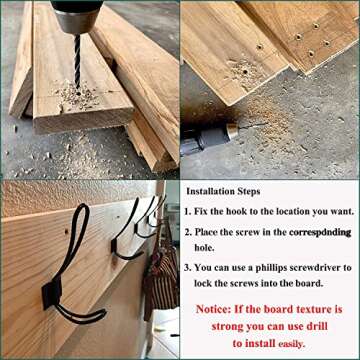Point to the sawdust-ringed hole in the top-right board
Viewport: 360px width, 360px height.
click(245, 71)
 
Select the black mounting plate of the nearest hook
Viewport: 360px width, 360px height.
click(52, 292)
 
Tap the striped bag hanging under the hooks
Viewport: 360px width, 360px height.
click(161, 277)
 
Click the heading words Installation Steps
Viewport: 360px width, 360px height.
click(223, 192)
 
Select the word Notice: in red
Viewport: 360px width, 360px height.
click(213, 309)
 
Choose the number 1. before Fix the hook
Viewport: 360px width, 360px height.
click(188, 212)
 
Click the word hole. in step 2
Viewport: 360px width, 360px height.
click(204, 248)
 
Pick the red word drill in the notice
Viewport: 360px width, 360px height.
click(317, 326)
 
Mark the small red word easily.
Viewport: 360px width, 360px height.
click(291, 344)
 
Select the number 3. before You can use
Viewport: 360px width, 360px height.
click(188, 268)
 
